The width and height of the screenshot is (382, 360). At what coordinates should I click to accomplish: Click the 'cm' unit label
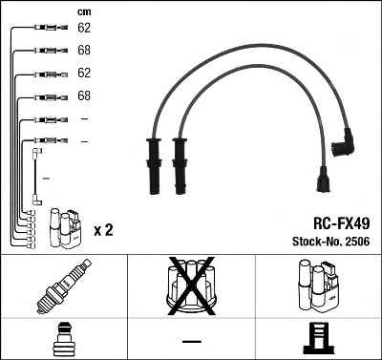(84, 12)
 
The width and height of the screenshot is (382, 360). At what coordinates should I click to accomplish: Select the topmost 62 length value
(84, 28)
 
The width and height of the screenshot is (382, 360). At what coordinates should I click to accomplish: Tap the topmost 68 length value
(84, 50)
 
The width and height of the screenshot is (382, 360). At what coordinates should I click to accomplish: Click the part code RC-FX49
(342, 223)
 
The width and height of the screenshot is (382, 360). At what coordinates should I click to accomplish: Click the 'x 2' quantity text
(103, 230)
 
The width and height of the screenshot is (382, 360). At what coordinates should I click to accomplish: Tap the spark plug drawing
(63, 286)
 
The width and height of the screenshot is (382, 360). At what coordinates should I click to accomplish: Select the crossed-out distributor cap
(191, 286)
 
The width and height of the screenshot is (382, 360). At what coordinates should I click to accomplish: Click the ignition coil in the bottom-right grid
(319, 286)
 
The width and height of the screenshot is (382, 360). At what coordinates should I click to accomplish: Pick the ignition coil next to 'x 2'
(65, 228)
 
